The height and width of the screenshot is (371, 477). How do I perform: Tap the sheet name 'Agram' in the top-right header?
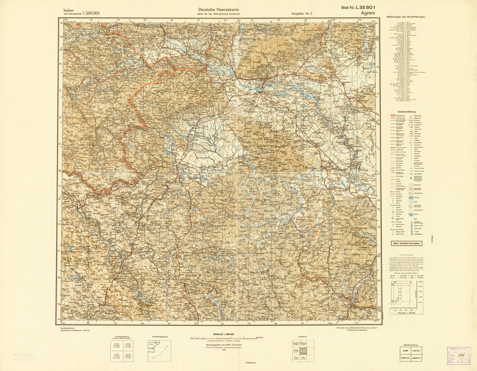[368, 13]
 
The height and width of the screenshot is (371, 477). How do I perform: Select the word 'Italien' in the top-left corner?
[69, 10]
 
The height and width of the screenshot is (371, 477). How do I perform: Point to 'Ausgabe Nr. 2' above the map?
[301, 14]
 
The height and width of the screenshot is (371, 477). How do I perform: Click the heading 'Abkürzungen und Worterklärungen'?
[406, 17]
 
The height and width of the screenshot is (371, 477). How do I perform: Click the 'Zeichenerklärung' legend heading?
[407, 111]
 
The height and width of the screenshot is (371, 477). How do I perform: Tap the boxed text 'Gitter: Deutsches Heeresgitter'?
[407, 243]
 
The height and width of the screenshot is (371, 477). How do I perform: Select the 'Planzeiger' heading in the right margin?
[406, 254]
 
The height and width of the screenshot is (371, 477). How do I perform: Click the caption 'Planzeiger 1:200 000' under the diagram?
[406, 313]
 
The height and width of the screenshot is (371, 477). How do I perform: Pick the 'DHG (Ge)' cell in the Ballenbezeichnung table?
[404, 358]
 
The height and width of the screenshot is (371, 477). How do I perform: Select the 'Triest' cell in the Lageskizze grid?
[296, 351]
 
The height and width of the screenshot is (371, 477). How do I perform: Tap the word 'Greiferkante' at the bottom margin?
[251, 363]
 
